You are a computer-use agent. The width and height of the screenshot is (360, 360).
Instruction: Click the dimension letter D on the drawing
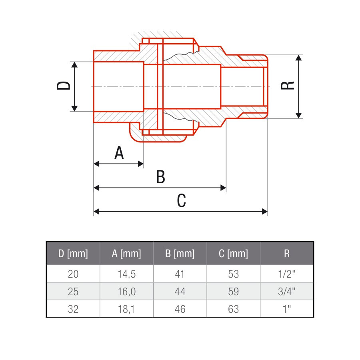(63, 86)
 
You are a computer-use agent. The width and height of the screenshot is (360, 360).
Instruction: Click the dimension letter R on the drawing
(288, 86)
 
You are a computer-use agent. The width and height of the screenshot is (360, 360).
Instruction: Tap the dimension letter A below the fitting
(119, 153)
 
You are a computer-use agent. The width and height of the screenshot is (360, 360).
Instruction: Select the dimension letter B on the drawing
(160, 176)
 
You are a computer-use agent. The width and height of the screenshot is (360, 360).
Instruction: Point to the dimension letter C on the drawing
(181, 200)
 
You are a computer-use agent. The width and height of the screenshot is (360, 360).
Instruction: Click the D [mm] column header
(73, 254)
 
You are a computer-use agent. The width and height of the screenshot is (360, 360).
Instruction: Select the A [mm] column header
(126, 254)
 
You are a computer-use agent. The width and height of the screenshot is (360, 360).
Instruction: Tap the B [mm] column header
(180, 254)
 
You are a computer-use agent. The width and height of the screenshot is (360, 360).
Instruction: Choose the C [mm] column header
(233, 254)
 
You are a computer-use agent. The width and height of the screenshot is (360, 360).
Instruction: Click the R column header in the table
(287, 254)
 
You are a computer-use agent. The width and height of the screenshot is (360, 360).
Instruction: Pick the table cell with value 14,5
(126, 274)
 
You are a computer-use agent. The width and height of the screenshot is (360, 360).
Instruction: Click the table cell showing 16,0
(126, 292)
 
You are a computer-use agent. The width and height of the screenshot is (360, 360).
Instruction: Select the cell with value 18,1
(126, 309)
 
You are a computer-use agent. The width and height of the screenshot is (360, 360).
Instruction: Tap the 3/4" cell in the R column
(287, 292)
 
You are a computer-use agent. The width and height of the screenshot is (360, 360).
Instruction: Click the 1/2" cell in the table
(287, 274)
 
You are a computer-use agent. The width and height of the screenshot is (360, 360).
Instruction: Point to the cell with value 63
(233, 309)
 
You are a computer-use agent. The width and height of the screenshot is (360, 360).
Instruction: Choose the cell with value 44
(180, 292)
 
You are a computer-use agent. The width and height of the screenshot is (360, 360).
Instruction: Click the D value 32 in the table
(73, 309)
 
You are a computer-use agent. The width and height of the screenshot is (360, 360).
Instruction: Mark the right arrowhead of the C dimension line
(264, 211)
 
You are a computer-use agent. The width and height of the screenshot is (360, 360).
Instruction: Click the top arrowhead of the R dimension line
(298, 58)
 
